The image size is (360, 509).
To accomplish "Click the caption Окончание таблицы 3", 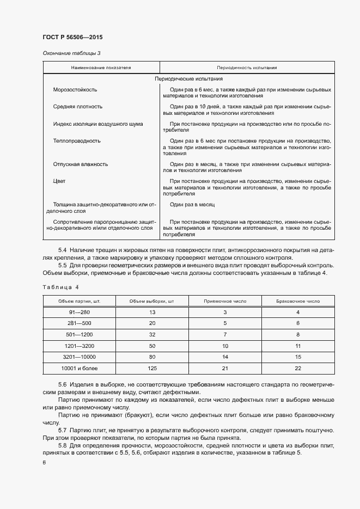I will click(x=71, y=53).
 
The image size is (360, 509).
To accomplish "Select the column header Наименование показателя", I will click(x=101, y=68).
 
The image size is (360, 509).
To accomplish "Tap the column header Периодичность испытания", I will click(x=247, y=68).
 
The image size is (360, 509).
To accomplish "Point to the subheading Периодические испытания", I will click(x=188, y=79).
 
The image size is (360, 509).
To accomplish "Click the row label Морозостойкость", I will click(x=75, y=89).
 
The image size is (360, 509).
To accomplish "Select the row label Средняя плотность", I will click(x=77, y=107).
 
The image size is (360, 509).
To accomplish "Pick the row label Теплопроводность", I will click(x=77, y=140).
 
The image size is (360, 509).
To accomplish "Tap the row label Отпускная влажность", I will click(x=81, y=164).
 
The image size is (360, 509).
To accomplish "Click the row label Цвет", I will click(x=59, y=181).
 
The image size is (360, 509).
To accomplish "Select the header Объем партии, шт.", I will click(x=79, y=301).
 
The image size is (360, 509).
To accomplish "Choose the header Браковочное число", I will click(x=298, y=301).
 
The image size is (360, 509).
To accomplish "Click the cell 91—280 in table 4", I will click(x=80, y=312).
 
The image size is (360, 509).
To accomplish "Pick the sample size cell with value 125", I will click(x=152, y=369).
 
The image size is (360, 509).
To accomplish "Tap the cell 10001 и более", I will click(x=80, y=369).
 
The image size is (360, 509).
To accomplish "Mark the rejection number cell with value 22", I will click(x=298, y=369).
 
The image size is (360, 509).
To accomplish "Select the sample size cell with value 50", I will click(x=152, y=346).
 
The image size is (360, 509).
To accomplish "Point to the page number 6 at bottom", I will click(x=44, y=463).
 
